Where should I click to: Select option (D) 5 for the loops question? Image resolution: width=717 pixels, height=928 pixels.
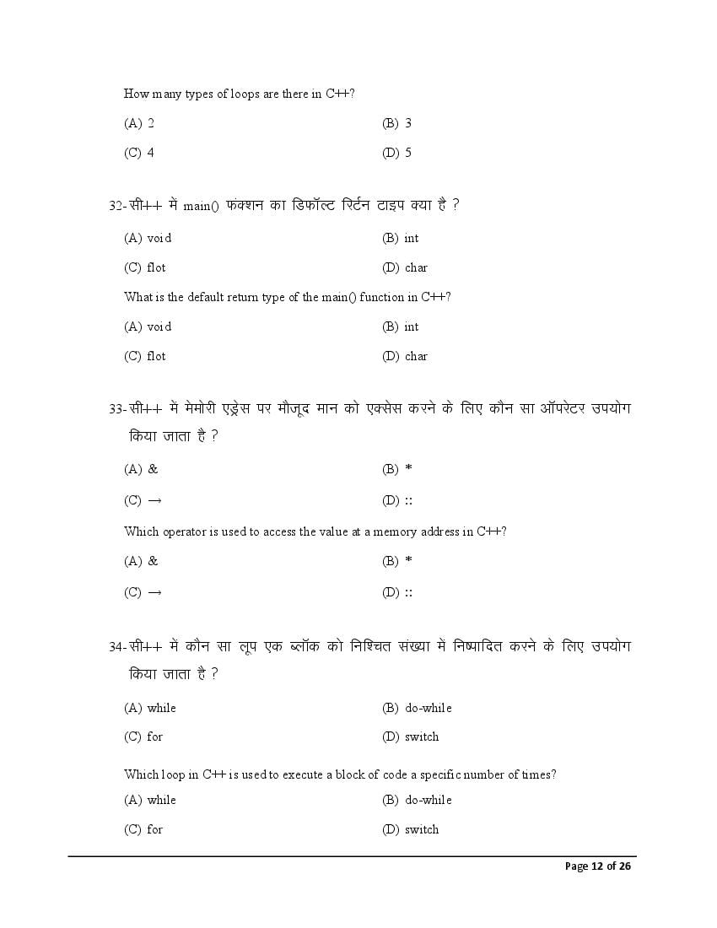click(396, 153)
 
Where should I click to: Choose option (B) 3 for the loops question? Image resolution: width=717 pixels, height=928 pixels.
click(396, 123)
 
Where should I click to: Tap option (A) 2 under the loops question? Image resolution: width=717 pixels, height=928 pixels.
click(139, 123)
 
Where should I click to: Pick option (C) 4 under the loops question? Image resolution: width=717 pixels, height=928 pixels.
click(139, 153)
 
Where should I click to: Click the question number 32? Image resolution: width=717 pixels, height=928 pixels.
click(116, 206)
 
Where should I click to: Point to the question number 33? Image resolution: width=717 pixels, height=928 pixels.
click(116, 408)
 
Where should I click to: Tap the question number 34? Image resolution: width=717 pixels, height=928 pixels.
click(116, 646)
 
